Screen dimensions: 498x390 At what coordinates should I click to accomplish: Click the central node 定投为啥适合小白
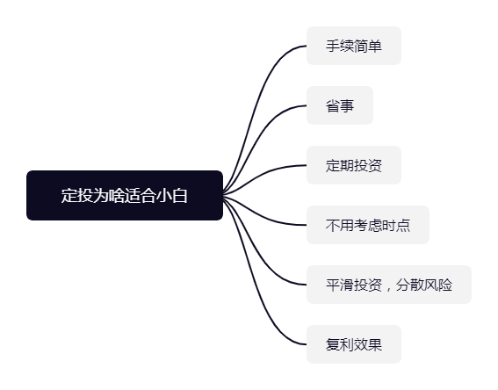point(125,195)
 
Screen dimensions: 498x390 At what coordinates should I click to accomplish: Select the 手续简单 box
point(354,46)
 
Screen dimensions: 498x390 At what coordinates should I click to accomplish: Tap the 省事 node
point(340,105)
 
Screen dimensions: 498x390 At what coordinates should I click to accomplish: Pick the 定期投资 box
point(354,165)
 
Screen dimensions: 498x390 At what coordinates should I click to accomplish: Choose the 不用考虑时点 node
point(368,225)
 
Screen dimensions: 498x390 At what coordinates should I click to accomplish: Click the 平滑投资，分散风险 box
point(389,285)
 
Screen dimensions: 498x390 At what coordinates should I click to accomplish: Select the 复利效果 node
point(354,344)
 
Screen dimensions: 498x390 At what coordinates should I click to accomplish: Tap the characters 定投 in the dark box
point(77,195)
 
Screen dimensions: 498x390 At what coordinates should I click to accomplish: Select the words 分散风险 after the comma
point(424,285)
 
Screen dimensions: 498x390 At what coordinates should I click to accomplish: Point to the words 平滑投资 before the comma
point(354,285)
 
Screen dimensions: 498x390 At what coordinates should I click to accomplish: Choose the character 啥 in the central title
point(116,195)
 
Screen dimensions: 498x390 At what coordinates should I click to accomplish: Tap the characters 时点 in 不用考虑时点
point(396,225)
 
